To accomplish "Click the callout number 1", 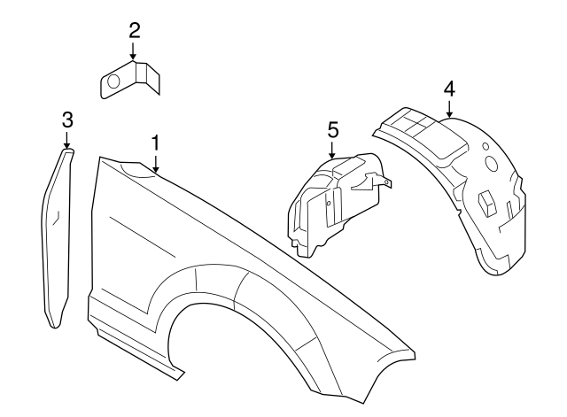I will pos(155,142).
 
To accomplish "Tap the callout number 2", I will pos(134,31).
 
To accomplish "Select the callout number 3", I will pos(67,120).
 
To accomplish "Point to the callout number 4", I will pos(449,89).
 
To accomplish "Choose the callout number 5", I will pos(333,129).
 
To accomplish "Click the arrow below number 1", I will pos(155,163).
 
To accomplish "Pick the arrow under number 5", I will pos(333,151).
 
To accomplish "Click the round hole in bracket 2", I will pos(113,82).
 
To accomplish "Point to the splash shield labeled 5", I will pos(332,204).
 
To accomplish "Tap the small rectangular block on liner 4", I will pos(487,202).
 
